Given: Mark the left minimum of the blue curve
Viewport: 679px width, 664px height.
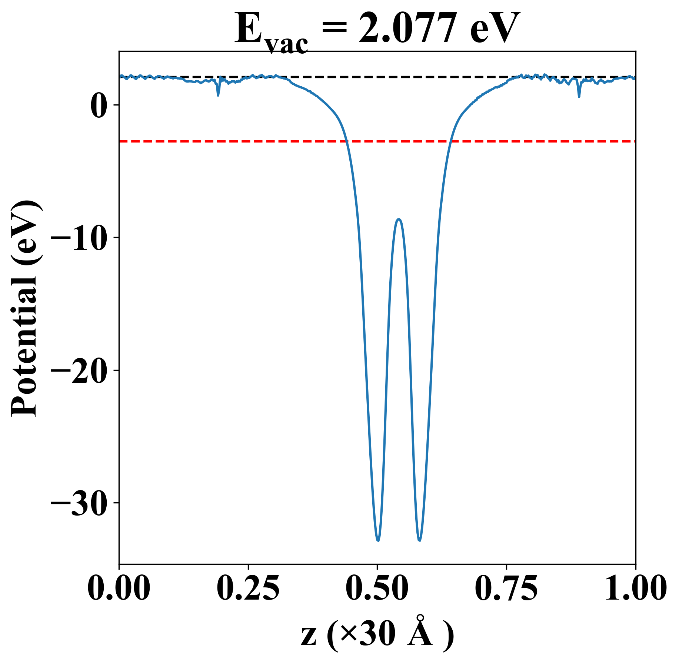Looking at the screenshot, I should [378, 540].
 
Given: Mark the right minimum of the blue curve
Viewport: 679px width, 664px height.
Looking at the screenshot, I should [419, 540].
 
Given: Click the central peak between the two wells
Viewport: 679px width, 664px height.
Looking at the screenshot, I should [399, 219].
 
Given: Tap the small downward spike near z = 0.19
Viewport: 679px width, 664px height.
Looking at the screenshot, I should [218, 95].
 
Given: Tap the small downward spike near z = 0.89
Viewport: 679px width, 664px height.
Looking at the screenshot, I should [579, 96].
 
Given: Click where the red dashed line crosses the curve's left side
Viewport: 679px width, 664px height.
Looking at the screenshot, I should [347, 141].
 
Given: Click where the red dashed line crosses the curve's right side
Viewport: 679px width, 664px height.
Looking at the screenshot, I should [450, 141].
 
